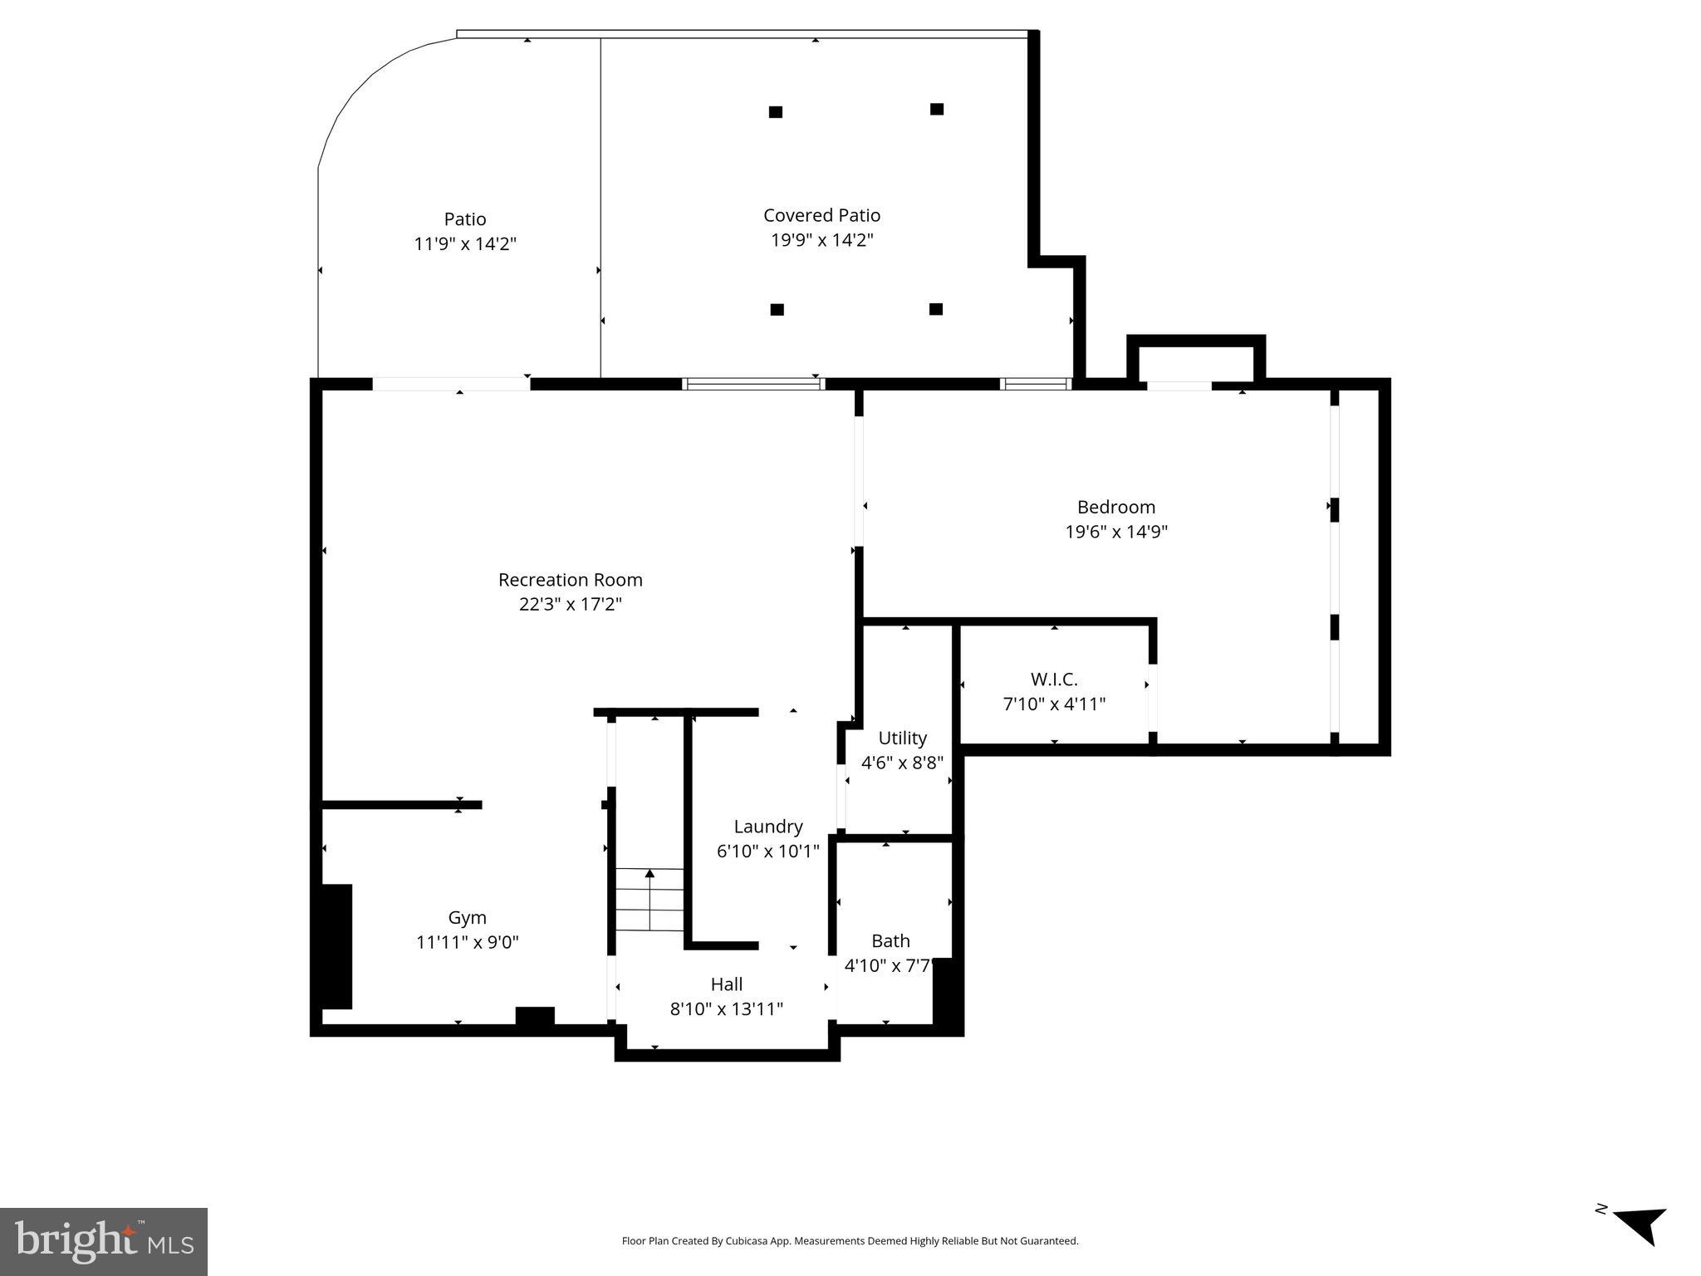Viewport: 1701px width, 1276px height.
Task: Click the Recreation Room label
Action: coord(570,580)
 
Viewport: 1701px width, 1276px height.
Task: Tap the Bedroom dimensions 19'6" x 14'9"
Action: coord(1115,532)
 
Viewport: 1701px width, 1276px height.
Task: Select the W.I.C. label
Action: coord(1053,680)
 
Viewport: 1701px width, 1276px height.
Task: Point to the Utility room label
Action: coord(902,738)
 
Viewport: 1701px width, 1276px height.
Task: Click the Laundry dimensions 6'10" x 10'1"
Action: coord(767,851)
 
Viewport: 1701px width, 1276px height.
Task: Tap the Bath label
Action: coord(890,941)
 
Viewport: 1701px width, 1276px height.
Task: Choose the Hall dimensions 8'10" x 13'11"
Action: coord(726,1009)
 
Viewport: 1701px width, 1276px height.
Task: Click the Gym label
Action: coord(467,918)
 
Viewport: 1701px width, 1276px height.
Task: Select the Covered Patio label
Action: coord(821,215)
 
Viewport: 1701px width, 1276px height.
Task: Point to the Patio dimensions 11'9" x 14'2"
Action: coord(465,244)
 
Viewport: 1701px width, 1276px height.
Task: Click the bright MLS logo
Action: coord(104,1241)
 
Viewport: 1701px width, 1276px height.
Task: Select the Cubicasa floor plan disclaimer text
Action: coord(850,1241)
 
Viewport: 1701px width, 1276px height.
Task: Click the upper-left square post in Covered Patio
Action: coord(776,112)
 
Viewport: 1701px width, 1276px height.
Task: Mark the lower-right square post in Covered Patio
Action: coord(936,309)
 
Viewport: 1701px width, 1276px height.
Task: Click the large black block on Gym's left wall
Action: coord(336,946)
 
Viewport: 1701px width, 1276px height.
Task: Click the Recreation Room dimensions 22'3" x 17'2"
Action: coord(570,605)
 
